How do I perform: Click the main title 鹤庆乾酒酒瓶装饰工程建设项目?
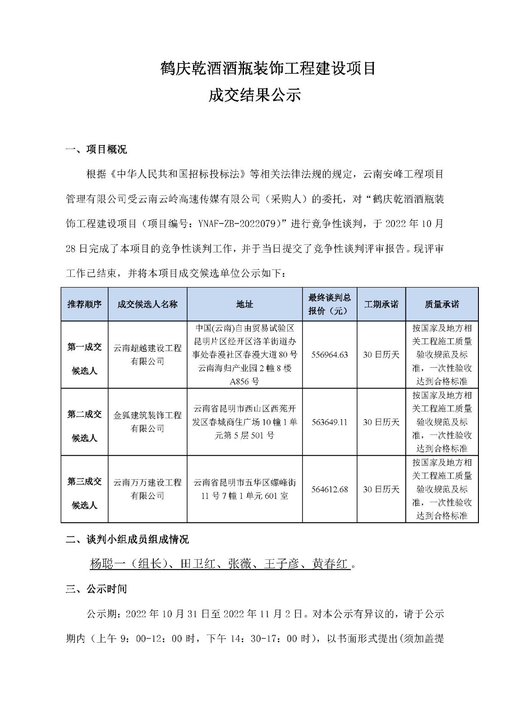(x=268, y=68)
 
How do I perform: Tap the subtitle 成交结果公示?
(x=254, y=96)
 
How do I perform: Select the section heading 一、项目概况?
(x=96, y=150)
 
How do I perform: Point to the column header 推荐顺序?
(x=84, y=304)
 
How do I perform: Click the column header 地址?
(x=244, y=304)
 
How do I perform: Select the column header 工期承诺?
(x=381, y=304)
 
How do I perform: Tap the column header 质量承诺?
(x=441, y=304)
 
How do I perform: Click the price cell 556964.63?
(x=330, y=355)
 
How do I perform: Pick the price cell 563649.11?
(x=330, y=422)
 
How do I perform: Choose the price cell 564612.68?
(x=330, y=489)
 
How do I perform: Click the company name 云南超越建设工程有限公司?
(x=147, y=355)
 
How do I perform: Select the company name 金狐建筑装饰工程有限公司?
(x=147, y=422)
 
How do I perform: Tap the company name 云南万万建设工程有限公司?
(x=147, y=489)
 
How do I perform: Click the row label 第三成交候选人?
(x=84, y=493)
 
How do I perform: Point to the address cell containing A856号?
(x=244, y=355)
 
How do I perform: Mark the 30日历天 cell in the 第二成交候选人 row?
(x=381, y=422)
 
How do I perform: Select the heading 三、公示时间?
(x=96, y=589)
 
